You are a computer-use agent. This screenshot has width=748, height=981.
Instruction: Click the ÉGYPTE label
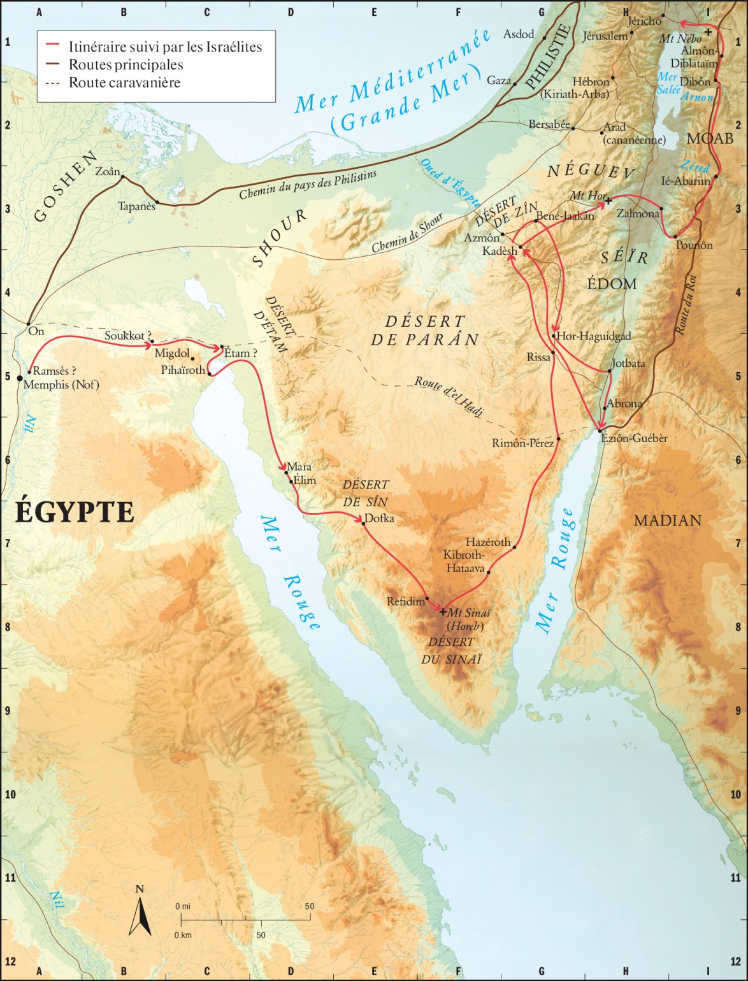[x=75, y=512]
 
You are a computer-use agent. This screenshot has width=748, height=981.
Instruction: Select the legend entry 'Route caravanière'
[x=124, y=83]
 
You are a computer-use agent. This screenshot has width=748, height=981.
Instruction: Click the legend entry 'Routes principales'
[x=126, y=65]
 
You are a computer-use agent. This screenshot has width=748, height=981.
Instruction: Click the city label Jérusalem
[x=605, y=36]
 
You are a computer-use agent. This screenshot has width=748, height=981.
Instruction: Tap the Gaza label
[x=499, y=80]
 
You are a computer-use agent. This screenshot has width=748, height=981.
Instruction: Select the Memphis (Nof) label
[x=61, y=385]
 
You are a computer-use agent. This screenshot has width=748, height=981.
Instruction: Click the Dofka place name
[x=379, y=519]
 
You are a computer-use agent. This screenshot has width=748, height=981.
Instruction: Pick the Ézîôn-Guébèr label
[x=635, y=438]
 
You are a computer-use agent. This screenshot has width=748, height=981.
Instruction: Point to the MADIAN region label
[x=667, y=521]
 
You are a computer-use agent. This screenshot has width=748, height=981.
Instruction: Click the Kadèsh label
[x=500, y=251]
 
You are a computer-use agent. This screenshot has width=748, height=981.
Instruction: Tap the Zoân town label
[x=106, y=171]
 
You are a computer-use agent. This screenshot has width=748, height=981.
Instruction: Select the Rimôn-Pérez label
[x=522, y=443]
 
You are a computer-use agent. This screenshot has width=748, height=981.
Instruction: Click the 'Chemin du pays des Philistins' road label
[x=308, y=184]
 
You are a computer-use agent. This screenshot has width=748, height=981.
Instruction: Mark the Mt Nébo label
[x=680, y=39]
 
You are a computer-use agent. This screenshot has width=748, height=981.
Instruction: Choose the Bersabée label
[x=549, y=125]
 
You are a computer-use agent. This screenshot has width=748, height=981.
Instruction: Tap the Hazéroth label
[x=488, y=542]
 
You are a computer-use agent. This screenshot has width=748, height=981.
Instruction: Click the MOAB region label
[x=709, y=138]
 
